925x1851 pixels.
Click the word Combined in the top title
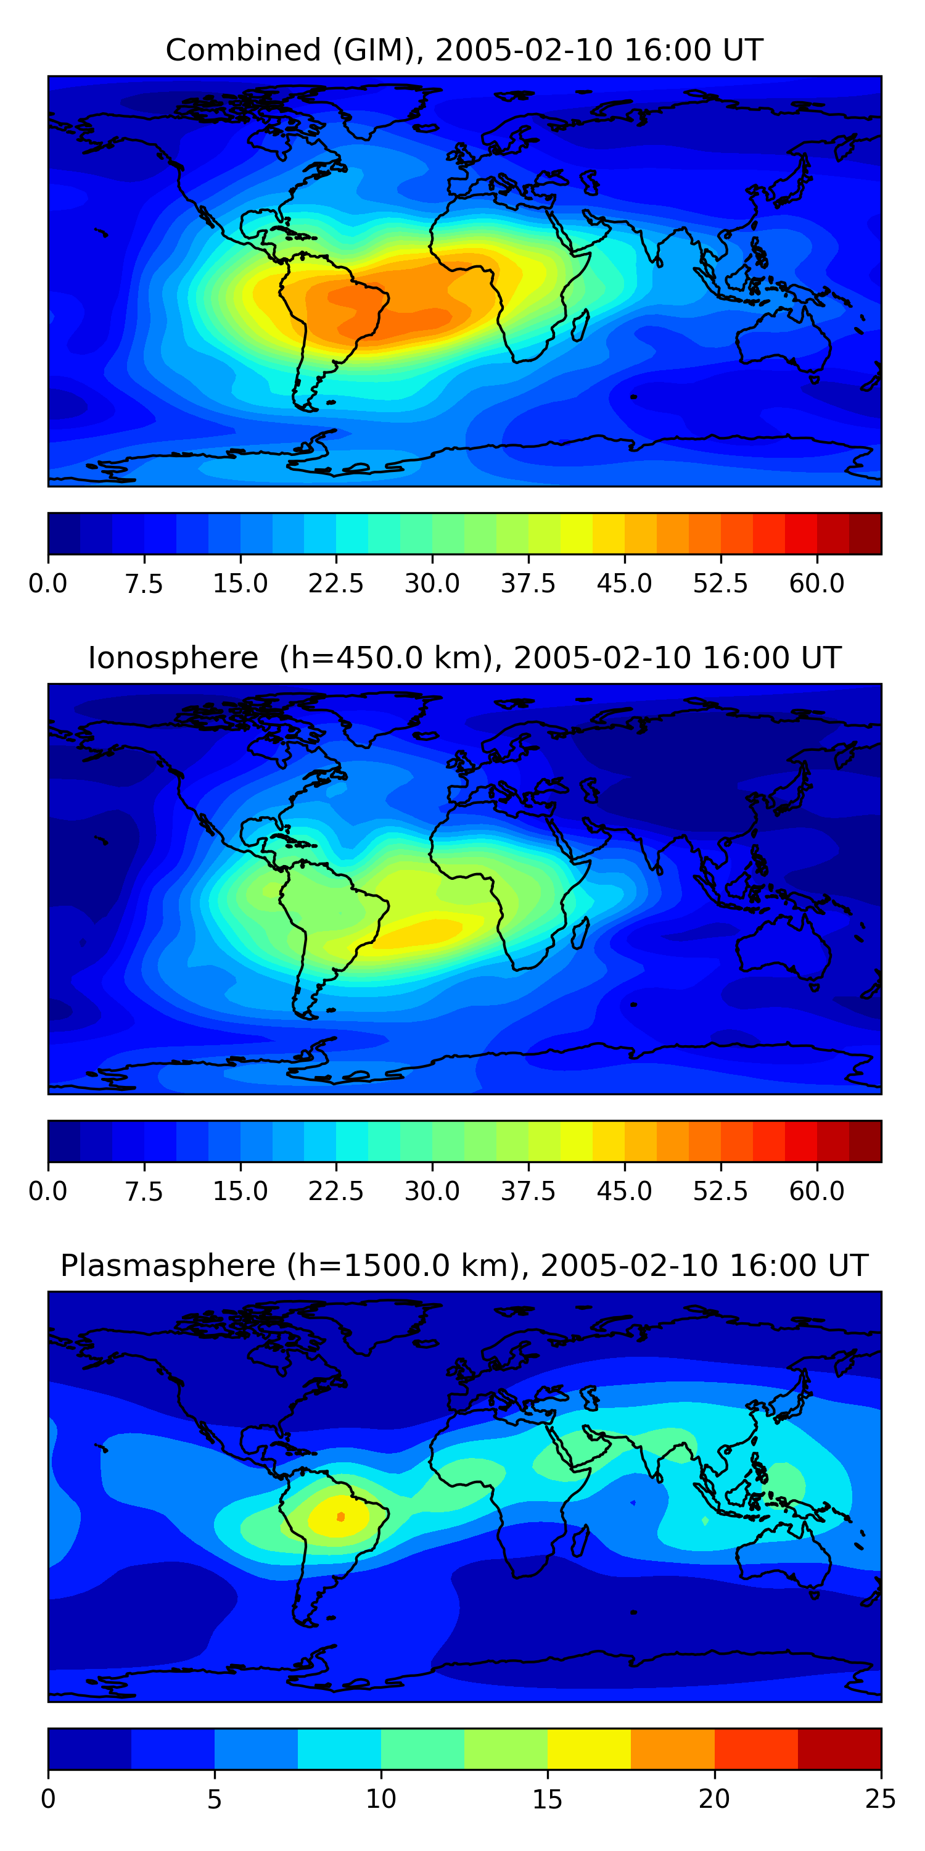point(243,51)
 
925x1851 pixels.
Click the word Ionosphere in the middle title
point(173,658)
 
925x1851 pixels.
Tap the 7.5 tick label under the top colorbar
point(144,584)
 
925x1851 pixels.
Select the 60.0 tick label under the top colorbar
point(816,584)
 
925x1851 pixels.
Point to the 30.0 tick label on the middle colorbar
point(432,1191)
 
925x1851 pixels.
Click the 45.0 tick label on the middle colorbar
point(624,1191)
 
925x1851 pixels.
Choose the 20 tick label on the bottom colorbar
point(714,1799)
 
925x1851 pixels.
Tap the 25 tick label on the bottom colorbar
point(880,1799)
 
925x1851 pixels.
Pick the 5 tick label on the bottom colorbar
point(214,1799)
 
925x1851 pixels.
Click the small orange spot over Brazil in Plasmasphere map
point(340,1517)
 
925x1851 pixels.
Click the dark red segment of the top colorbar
point(865,534)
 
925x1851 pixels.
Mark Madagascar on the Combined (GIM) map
point(581,325)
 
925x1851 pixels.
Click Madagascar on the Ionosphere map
point(581,933)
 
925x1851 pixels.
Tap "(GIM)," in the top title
point(379,51)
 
